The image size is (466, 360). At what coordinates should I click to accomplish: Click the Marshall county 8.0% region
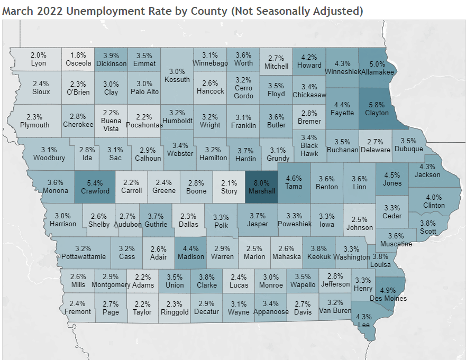(x=261, y=186)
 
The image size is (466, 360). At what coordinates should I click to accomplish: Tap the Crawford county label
(x=95, y=191)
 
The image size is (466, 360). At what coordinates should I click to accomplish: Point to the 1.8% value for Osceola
(x=78, y=55)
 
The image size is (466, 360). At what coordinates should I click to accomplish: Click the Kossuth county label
(x=177, y=80)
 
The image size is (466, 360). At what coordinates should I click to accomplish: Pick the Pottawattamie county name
(x=83, y=257)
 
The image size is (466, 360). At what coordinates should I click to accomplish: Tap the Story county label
(x=229, y=191)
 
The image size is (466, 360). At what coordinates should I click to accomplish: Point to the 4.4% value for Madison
(x=190, y=248)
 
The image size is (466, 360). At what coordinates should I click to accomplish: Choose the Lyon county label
(x=39, y=63)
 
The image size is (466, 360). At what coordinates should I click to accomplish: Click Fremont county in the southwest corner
(x=77, y=311)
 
